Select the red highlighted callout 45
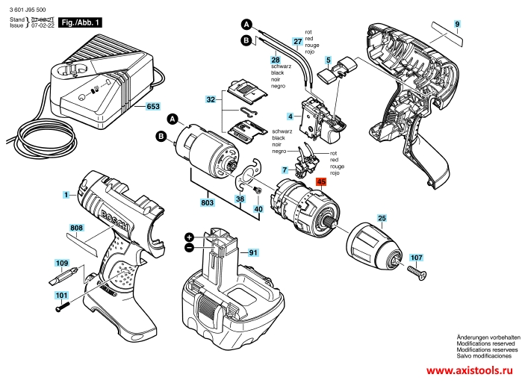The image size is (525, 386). tap(321, 181)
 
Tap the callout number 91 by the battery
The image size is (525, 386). tap(253, 252)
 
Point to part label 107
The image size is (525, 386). tap(416, 256)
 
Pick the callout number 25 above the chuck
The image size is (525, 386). tap(382, 219)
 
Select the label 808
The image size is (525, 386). tap(76, 227)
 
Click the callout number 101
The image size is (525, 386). tap(60, 296)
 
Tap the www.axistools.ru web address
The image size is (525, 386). tap(470, 371)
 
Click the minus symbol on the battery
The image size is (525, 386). tap(190, 246)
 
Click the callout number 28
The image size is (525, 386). tap(276, 59)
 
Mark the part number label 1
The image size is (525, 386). tap(66, 195)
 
